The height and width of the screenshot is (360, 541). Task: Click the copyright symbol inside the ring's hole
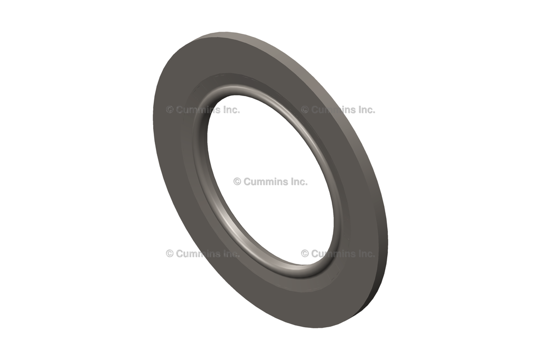point(237,182)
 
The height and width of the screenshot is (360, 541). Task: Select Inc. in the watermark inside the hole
point(297,182)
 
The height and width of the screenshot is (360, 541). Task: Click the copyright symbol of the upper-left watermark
point(170,110)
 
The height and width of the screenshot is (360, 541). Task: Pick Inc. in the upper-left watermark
point(230,110)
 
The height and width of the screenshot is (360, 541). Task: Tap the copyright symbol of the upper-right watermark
point(305,110)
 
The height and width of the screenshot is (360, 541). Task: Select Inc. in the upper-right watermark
point(365,110)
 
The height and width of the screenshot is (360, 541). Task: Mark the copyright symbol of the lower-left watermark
point(170,253)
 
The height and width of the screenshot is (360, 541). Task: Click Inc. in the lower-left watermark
point(230,253)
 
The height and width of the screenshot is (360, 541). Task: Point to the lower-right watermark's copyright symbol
point(305,253)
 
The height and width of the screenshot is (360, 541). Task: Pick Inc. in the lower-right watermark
point(365,253)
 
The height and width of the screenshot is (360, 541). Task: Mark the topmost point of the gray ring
point(222,33)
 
